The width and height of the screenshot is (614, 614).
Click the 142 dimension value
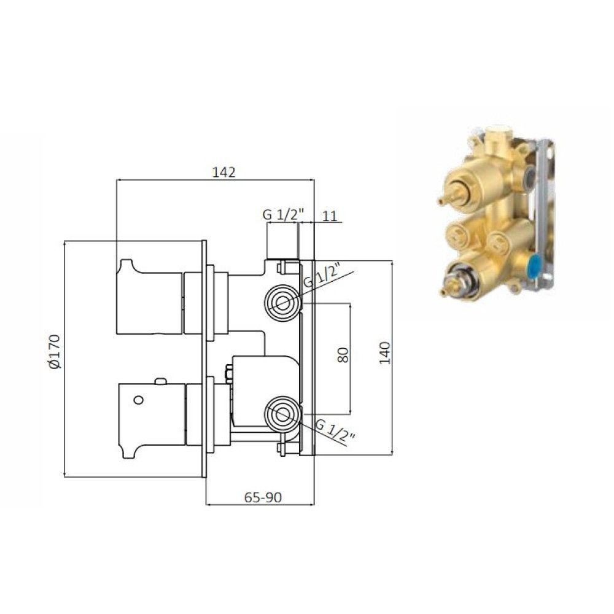pyautogui.click(x=223, y=173)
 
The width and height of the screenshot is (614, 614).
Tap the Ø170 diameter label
pyautogui.click(x=54, y=351)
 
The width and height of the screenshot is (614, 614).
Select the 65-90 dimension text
pyautogui.click(x=263, y=497)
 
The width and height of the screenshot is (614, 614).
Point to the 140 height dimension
pyautogui.click(x=385, y=353)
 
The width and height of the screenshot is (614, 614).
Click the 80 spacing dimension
pyautogui.click(x=343, y=355)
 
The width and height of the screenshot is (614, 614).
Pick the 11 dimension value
pyautogui.click(x=330, y=216)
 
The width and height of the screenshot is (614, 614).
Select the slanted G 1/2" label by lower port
pyautogui.click(x=335, y=430)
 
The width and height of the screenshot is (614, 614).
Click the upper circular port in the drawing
pyautogui.click(x=282, y=303)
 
